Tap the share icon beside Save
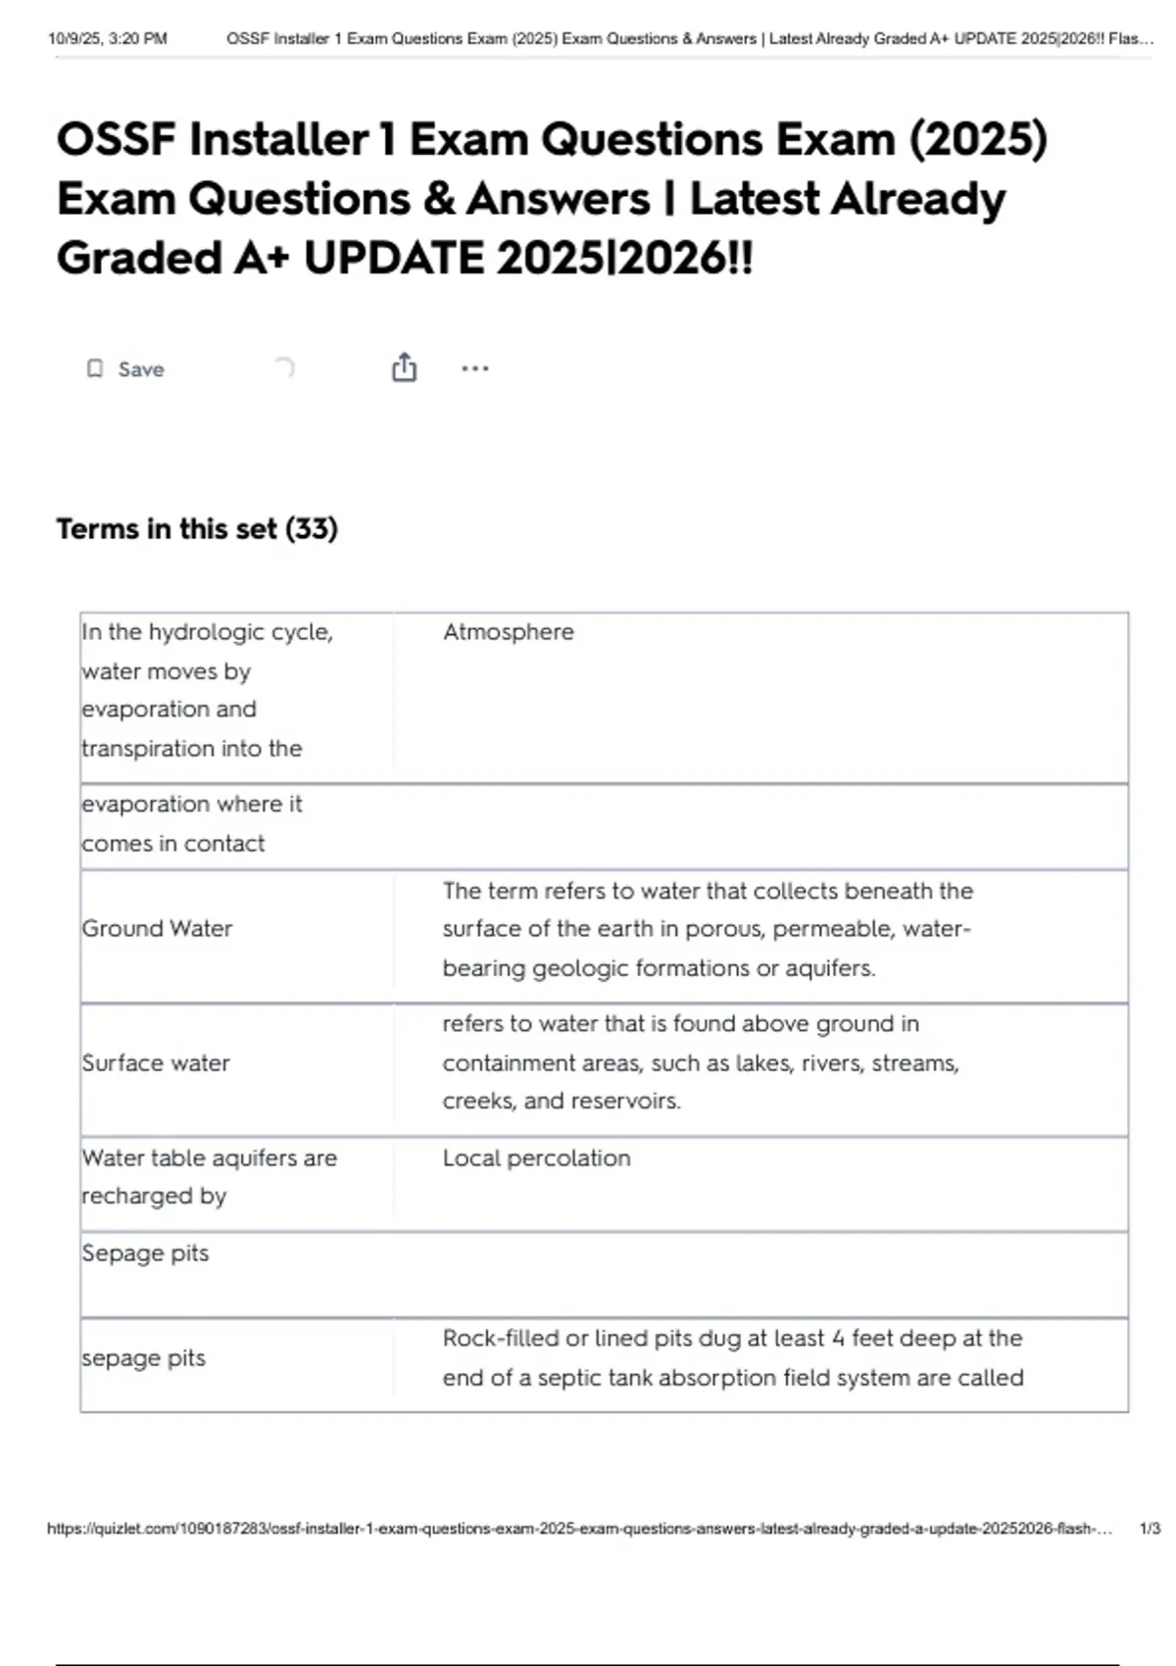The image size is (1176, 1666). [404, 367]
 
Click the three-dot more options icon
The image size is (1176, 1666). [474, 368]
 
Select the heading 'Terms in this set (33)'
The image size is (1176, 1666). [197, 529]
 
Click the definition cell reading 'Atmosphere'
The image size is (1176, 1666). [508, 632]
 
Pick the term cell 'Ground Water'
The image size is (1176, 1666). [157, 928]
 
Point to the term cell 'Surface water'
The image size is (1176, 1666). [156, 1063]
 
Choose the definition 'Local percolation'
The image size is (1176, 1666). [536, 1158]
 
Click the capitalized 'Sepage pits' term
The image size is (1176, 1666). [145, 1253]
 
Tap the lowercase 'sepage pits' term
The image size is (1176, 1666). [144, 1358]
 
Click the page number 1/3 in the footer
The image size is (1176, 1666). [1150, 1529]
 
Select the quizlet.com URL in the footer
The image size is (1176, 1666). [578, 1529]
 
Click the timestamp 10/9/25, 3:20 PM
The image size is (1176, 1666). [108, 39]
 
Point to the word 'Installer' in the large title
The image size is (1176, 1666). [279, 139]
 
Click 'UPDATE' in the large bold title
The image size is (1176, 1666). [394, 259]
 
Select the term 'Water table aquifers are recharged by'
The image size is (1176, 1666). [209, 1177]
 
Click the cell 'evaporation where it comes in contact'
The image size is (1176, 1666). [192, 824]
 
